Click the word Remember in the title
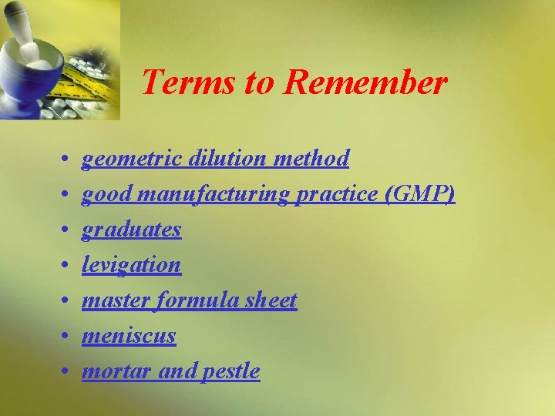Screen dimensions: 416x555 365,82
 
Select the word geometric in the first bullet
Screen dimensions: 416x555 132,159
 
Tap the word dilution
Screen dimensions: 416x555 223,158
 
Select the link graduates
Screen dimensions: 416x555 132,230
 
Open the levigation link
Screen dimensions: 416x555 131,265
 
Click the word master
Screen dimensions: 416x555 116,300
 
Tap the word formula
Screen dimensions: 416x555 192,300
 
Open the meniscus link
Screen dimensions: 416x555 129,336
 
